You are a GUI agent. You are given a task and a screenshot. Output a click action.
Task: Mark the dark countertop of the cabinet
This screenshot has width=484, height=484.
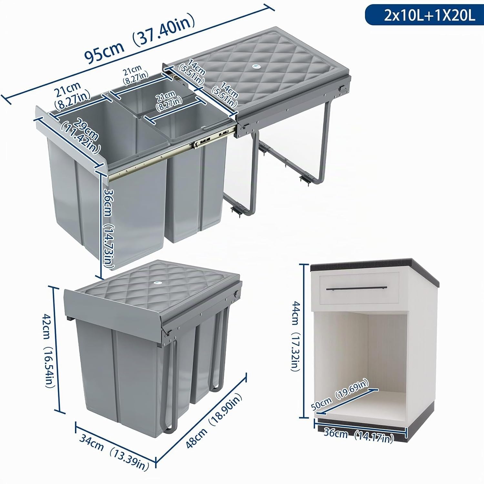374,266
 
